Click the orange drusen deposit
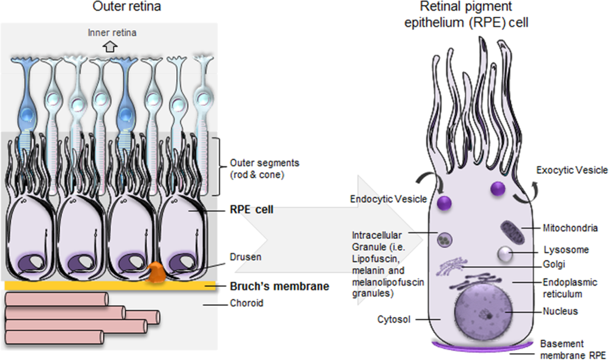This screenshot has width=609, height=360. coord(156,273)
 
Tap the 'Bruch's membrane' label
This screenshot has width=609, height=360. coord(279,286)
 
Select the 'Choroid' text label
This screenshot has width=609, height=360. coord(246,303)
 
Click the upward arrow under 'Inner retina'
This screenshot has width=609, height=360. coord(110,47)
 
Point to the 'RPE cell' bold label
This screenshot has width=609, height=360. coord(251,209)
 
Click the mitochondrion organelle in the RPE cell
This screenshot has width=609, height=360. coord(512,232)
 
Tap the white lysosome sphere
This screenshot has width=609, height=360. coord(505,254)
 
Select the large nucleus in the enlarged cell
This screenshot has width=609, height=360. coord(483,311)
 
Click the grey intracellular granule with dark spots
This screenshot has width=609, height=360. coord(445,240)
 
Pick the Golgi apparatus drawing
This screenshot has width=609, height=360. coord(451,266)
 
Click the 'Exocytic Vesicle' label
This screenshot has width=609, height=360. coord(572,170)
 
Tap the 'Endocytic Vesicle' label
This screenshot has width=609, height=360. coord(388,199)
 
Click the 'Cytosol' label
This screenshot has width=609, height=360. coord(393,319)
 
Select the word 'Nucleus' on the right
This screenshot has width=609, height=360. coord(560,311)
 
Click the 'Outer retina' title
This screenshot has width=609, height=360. coord(127,7)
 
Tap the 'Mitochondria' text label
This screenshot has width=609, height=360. coord(570,228)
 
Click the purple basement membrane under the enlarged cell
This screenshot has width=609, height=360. coord(482,347)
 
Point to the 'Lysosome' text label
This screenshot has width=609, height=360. coord(566,250)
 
